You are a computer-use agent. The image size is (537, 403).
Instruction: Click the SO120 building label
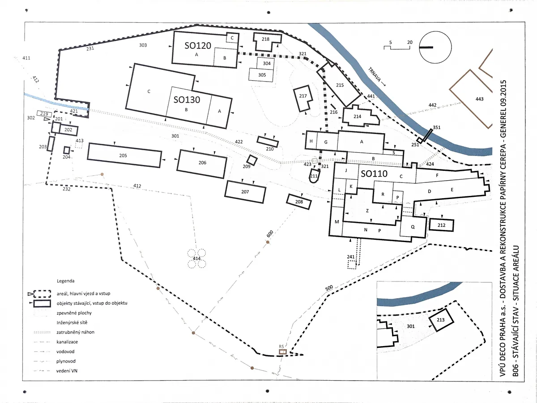tap(198, 46)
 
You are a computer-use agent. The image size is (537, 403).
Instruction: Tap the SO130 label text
tap(187, 100)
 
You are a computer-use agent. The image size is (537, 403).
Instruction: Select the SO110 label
tap(374, 173)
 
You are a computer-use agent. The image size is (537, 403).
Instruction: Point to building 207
tap(245, 192)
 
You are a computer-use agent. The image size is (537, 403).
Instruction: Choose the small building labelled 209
tap(252, 160)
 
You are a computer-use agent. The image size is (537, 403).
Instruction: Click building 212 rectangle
tap(441, 225)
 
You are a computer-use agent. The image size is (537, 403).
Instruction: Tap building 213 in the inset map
tap(441, 320)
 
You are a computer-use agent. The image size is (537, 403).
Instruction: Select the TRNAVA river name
tap(375, 75)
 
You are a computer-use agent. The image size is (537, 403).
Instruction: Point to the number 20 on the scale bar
tap(410, 42)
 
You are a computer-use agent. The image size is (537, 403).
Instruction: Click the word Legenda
tap(66, 281)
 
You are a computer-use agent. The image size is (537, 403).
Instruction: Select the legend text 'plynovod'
tap(66, 361)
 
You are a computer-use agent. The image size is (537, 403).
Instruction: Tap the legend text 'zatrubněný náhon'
tap(75, 332)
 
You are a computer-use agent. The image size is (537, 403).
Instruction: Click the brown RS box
tap(283, 352)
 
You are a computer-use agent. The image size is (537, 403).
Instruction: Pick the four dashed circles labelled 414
tap(197, 259)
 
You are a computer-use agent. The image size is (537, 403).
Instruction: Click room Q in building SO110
tap(413, 227)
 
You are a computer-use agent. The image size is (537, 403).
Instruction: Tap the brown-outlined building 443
tap(471, 99)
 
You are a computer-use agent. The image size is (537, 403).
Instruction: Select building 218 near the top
tap(267, 42)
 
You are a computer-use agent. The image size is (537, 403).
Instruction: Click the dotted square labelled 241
tap(352, 265)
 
